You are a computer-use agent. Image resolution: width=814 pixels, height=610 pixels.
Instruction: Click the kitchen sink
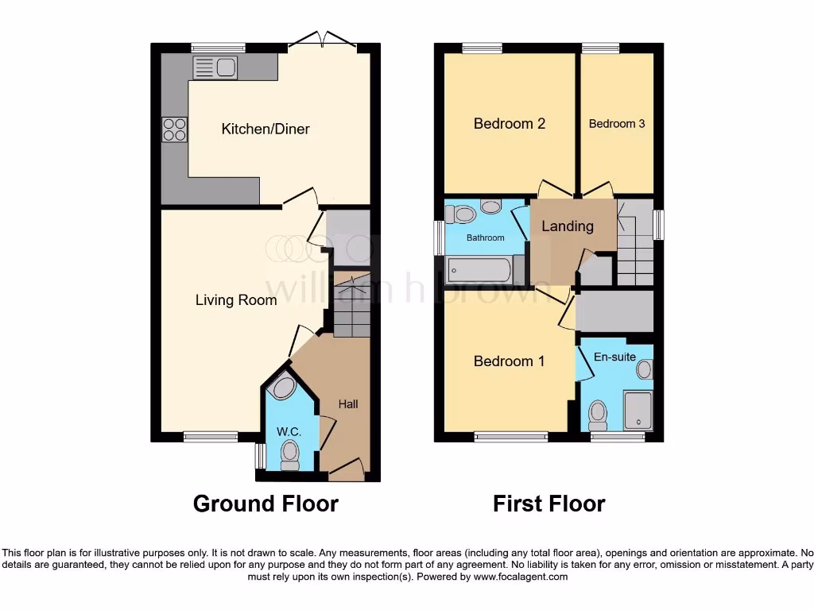[215, 68]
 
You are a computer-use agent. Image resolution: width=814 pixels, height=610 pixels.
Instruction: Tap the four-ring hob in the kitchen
[174, 129]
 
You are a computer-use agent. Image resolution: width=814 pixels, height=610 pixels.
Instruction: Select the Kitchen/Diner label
[266, 129]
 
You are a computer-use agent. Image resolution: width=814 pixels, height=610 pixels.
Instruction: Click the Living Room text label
[235, 299]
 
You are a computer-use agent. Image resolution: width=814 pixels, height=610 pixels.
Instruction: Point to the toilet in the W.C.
[289, 455]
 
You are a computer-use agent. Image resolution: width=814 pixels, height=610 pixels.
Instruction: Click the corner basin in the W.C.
[284, 388]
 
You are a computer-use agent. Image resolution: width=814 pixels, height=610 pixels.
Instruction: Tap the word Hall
[348, 404]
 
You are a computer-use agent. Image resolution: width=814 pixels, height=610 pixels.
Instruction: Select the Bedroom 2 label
[510, 123]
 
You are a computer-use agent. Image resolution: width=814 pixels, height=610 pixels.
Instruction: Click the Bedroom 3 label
[617, 123]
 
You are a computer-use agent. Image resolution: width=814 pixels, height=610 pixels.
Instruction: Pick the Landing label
[568, 226]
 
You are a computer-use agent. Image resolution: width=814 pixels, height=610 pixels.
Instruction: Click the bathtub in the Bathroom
[479, 270]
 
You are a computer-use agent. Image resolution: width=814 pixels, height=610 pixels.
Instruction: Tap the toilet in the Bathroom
[460, 214]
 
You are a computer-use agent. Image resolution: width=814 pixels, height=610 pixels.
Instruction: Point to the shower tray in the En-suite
[638, 411]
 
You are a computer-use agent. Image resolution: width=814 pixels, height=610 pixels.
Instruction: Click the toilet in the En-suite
[598, 415]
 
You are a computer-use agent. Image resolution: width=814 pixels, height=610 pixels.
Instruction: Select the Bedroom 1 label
[510, 361]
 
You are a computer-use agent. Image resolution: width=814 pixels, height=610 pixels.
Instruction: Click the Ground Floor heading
[266, 504]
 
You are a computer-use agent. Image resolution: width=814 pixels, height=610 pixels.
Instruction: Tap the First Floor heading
[549, 504]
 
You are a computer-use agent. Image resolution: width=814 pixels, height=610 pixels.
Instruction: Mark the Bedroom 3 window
[600, 48]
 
